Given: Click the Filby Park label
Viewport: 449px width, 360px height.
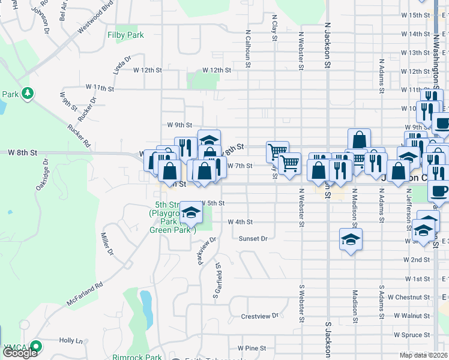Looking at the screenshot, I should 125,35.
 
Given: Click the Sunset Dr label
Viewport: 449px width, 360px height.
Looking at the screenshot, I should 253,238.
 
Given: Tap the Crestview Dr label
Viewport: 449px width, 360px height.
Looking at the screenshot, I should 260,316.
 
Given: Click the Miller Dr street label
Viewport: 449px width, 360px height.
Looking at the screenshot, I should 107,244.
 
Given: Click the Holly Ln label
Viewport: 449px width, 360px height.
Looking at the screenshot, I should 71,340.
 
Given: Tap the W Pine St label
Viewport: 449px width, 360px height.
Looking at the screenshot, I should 252,348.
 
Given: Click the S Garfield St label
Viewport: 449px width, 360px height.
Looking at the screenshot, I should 217,282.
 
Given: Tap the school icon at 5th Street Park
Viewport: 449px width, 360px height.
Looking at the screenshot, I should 191,213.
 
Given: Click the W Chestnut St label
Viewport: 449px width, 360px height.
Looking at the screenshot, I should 408,297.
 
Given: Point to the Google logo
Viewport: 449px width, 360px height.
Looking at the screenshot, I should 20,353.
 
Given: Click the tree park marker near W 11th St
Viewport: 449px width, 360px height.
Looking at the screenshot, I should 27,93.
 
